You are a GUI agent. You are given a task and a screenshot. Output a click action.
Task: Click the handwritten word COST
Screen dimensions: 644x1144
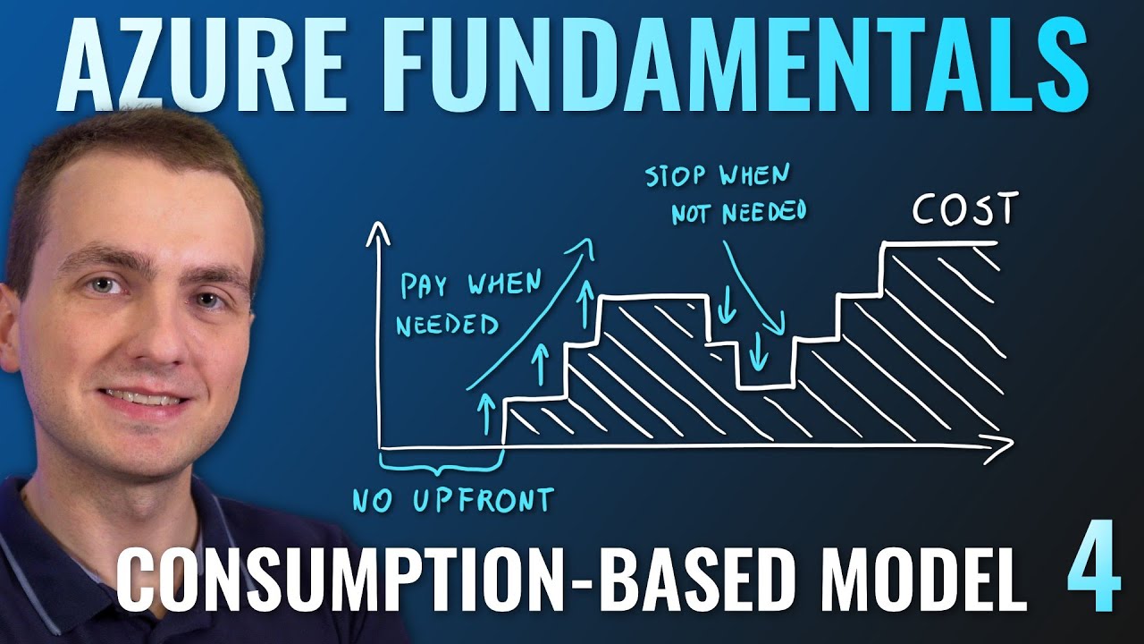click(x=964, y=211)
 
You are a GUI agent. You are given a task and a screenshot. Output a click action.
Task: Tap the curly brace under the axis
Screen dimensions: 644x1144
click(x=439, y=464)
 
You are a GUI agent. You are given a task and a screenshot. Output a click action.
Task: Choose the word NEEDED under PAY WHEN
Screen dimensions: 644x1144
click(x=446, y=324)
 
